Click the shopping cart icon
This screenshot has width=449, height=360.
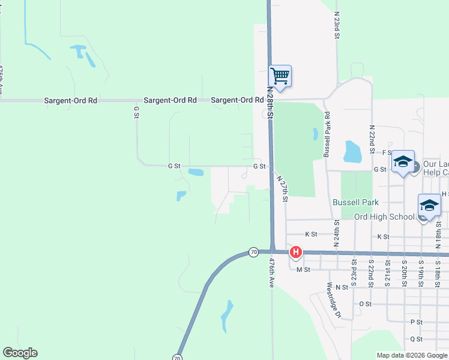coord(280,77)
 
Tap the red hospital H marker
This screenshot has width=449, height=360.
coord(296,253)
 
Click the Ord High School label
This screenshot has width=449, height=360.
coord(384,217)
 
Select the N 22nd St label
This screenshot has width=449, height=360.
coord(372,139)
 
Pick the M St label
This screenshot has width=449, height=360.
coord(303,270)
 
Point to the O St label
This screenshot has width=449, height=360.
coord(365,304)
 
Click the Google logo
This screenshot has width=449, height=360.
coord(20,353)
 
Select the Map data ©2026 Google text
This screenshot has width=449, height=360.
coord(411,355)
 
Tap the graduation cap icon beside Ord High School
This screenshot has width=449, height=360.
coord(430,205)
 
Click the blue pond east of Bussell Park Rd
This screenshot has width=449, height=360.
coord(352,152)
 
